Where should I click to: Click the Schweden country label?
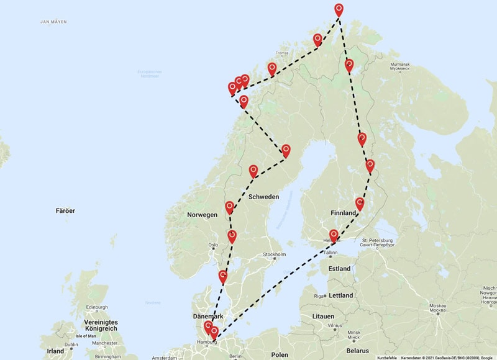pos(263,196)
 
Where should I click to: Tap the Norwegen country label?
pos(203,215)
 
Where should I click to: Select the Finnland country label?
pos(344,212)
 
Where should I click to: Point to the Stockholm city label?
pos(273,254)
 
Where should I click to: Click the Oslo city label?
pos(213,245)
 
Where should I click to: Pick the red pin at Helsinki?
pos(334,235)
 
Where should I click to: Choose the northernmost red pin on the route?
pos(339,9)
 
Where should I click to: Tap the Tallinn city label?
pos(330,253)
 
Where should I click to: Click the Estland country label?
pos(339,269)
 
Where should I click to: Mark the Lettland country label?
pos(341,295)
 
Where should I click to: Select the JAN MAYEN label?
pos(53,22)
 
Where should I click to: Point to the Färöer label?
pos(65,211)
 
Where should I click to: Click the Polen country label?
pos(280,354)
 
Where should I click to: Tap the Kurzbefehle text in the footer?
pos(387,358)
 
